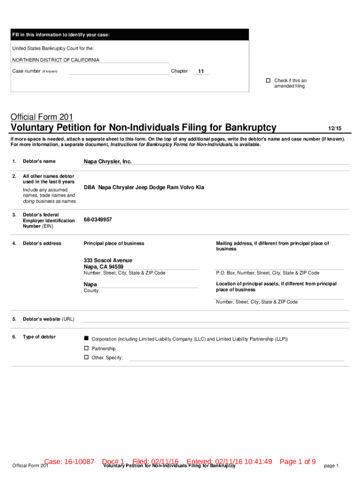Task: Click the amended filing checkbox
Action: tap(268, 80)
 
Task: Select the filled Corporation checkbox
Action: tap(86, 338)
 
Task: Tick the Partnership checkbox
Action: tap(86, 348)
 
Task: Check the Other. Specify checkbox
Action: tap(86, 357)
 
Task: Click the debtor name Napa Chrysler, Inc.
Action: tap(108, 161)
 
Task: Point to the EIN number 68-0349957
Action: tap(98, 219)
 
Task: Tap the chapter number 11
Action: tap(201, 72)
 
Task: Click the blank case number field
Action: tap(119, 72)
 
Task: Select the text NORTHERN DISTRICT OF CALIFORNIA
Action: tap(56, 60)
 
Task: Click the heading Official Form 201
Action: tap(42, 117)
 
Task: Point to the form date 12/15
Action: tap(334, 128)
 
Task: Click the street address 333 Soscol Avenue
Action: tap(108, 260)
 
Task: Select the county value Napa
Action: tap(90, 284)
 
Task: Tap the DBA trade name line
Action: tap(144, 187)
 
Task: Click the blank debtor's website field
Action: tap(215, 319)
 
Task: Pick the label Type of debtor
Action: tap(39, 337)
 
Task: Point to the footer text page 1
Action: tap(331, 466)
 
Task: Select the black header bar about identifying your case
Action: tap(130, 35)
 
